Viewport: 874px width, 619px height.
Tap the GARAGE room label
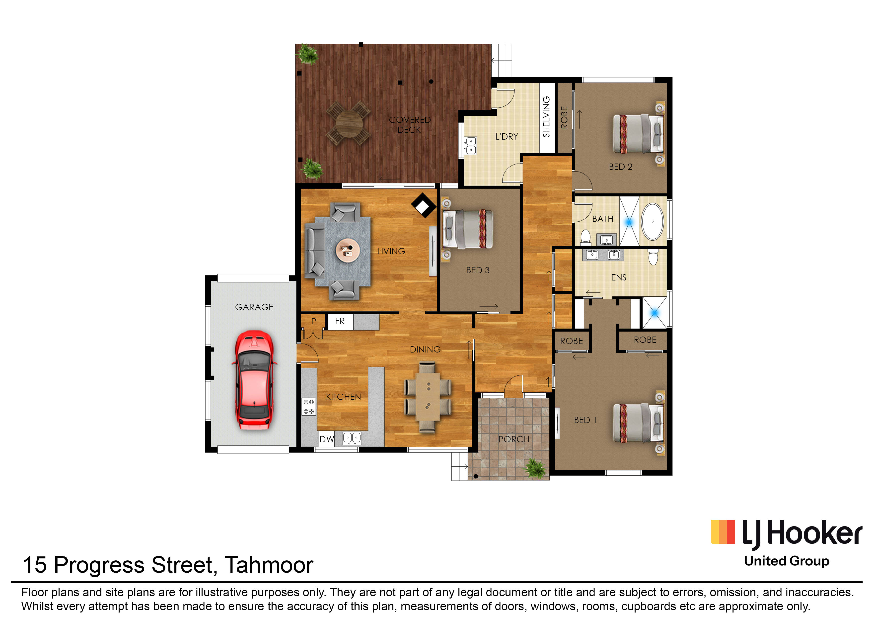coord(254,307)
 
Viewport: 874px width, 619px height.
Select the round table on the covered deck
coord(349,123)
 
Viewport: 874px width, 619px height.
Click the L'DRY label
coord(507,136)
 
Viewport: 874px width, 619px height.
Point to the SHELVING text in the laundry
coord(546,117)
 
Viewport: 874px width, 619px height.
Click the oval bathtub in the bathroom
coord(652,221)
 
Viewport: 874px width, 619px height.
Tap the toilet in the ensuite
coord(653,257)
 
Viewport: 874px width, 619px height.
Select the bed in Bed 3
coord(467,229)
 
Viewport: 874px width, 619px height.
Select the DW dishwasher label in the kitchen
coord(326,439)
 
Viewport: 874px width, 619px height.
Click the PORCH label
coord(514,439)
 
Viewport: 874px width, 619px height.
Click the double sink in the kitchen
coord(352,438)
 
